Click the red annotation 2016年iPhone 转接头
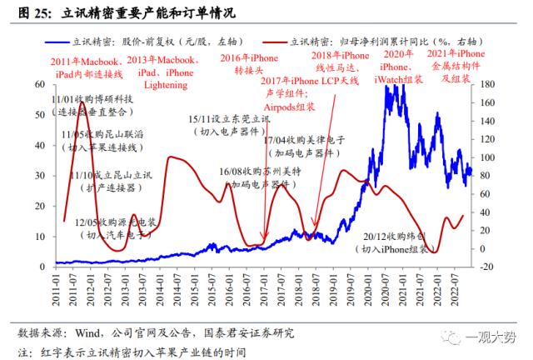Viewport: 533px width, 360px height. pyautogui.click(x=248, y=64)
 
